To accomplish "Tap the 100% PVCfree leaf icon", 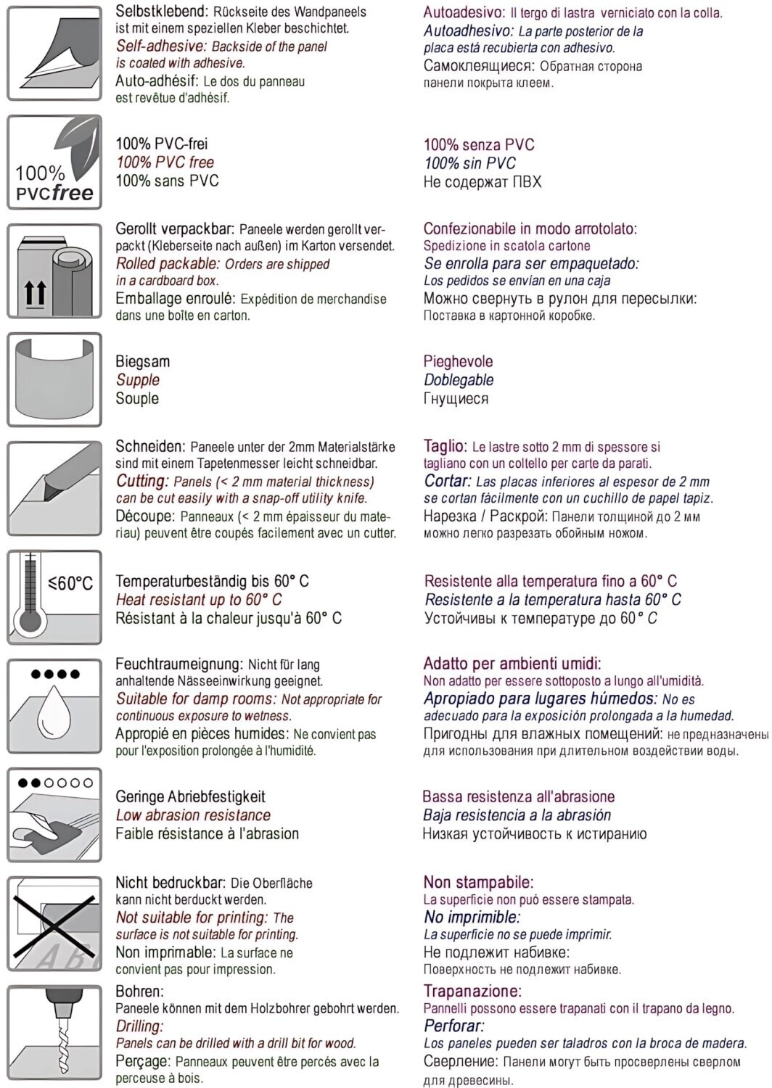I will [54, 162].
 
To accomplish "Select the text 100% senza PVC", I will [479, 144].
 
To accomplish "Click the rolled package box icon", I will [54, 271].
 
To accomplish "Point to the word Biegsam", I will [142, 361].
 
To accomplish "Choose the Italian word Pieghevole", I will [458, 361].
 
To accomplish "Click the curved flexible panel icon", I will [54, 379].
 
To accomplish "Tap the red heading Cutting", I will [141, 481].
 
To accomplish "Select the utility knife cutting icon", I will [54, 488].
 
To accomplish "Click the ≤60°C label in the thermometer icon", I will [70, 583].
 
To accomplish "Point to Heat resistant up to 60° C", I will [198, 600].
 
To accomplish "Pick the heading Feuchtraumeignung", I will [178, 664].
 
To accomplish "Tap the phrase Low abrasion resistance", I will [193, 815].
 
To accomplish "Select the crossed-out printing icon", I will [54, 923].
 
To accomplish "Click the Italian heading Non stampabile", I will [478, 883].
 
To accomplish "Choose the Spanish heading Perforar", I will [453, 1026].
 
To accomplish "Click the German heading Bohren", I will [139, 991].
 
